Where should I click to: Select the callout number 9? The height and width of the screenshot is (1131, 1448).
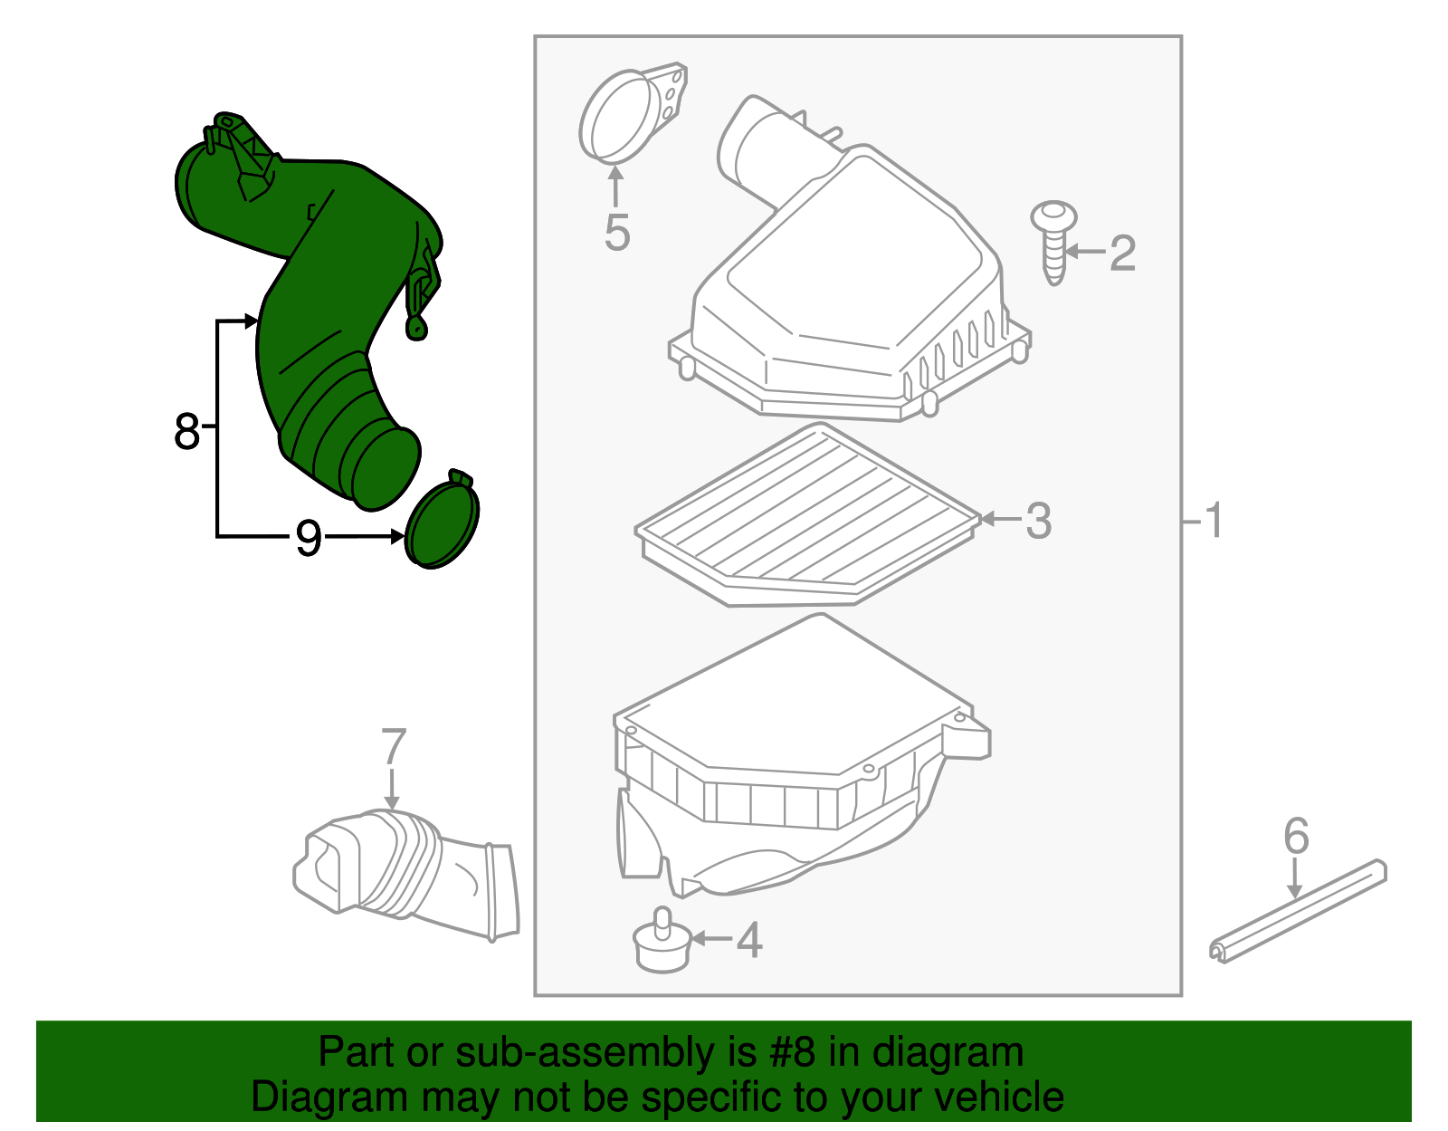(x=309, y=539)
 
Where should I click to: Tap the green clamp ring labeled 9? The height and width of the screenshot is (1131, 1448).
(x=442, y=522)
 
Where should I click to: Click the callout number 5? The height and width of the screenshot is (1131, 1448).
(x=616, y=233)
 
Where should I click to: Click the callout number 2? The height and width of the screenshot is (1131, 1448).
(x=1122, y=253)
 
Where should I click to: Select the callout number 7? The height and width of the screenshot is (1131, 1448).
(x=393, y=748)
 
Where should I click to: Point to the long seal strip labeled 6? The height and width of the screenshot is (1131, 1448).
(x=1299, y=910)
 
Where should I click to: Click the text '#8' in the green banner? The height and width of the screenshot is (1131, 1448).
(x=792, y=1053)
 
